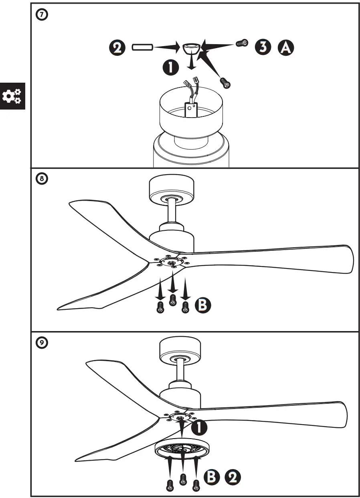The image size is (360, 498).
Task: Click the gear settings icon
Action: pos(12,96)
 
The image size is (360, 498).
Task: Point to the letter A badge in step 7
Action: pos(286,47)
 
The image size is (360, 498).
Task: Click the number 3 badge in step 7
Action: pos(263,47)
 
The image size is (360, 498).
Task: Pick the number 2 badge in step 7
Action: pos(116,48)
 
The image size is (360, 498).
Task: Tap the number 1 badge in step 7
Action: pos(171,67)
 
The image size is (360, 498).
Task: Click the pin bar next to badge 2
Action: pos(142,47)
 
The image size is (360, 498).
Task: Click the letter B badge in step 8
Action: pos(202,305)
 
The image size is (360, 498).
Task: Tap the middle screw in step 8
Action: pos(173,299)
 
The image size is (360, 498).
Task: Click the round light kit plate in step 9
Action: pos(182,449)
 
